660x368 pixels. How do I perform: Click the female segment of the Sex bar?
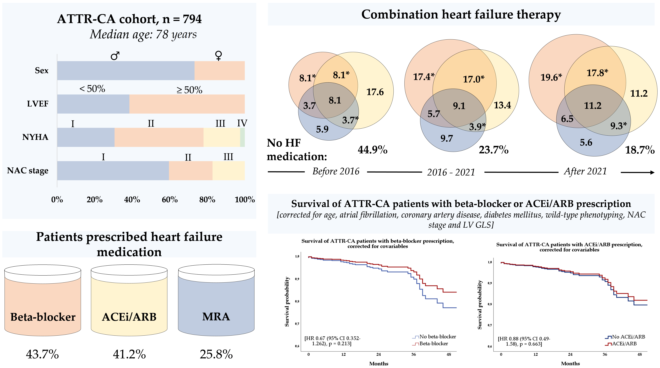219,71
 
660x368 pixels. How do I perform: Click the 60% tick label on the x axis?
170,200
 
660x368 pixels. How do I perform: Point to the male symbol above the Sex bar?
115,56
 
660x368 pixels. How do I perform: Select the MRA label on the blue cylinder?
216,317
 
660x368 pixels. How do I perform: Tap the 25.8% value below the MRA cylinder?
216,354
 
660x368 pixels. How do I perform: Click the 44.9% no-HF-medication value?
372,150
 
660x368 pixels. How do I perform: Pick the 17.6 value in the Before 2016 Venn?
375,92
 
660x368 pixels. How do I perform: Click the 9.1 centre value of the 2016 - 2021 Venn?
459,106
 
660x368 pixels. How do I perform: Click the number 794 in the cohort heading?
192,19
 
